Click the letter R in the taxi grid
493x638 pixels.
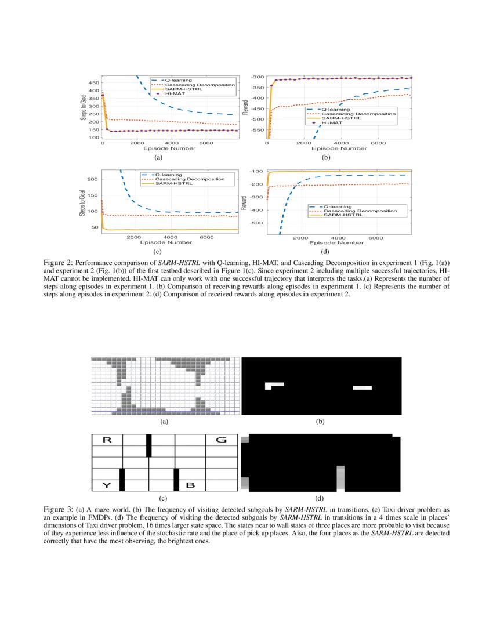(107, 440)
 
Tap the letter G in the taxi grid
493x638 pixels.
(221, 440)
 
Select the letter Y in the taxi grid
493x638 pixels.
(107, 485)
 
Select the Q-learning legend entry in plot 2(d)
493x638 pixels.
(336, 206)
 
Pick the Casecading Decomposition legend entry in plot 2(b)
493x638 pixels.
(350, 114)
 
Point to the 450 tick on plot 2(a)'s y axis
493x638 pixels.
(93, 83)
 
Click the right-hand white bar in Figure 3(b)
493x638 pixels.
(362, 387)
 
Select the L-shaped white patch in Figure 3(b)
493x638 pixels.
(273, 385)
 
